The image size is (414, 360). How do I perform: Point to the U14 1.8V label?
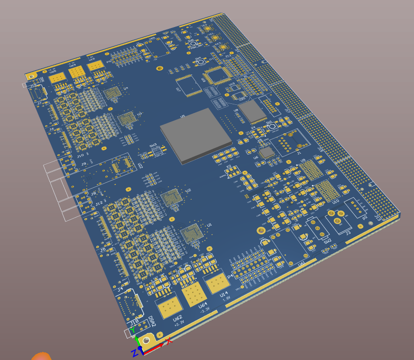coord(225,296)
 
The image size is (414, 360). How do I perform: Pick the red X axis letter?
coord(168,341)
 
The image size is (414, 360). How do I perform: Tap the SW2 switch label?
coord(327,241)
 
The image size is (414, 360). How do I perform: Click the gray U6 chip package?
coord(267,152)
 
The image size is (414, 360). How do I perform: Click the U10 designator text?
coord(336,202)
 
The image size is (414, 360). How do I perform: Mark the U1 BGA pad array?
coord(192,234)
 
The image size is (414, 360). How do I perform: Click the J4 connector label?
coord(120,288)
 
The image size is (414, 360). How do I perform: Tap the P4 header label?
coord(230,276)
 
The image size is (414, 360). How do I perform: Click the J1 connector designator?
coord(299,154)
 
